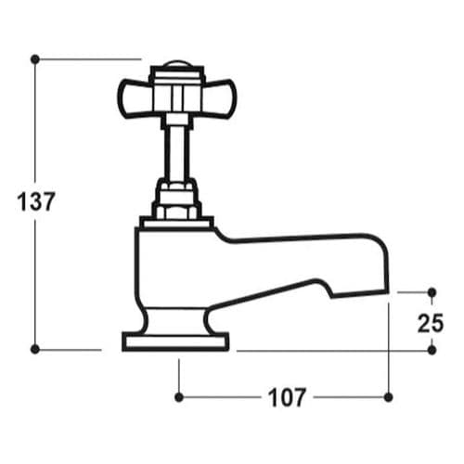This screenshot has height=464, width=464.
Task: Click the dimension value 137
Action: (x=36, y=200)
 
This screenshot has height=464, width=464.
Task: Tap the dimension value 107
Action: (x=287, y=398)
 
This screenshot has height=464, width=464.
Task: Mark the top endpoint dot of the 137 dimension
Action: (x=35, y=58)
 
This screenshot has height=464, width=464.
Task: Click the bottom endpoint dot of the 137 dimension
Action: (x=35, y=350)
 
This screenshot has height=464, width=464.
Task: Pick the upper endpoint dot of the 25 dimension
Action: (x=431, y=291)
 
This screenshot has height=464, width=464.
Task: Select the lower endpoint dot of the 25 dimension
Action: (x=431, y=350)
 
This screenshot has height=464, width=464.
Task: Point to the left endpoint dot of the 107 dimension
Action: (x=178, y=397)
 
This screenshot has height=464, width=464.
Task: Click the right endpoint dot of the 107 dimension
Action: (x=387, y=397)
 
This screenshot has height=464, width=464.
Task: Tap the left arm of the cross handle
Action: (x=135, y=94)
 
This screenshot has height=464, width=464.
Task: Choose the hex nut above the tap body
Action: (x=177, y=198)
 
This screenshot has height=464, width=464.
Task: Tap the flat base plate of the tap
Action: (x=176, y=342)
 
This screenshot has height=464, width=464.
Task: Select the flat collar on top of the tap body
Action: (x=176, y=223)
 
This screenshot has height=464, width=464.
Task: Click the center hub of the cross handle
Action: (x=177, y=94)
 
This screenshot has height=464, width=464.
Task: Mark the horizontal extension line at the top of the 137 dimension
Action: (x=88, y=58)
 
